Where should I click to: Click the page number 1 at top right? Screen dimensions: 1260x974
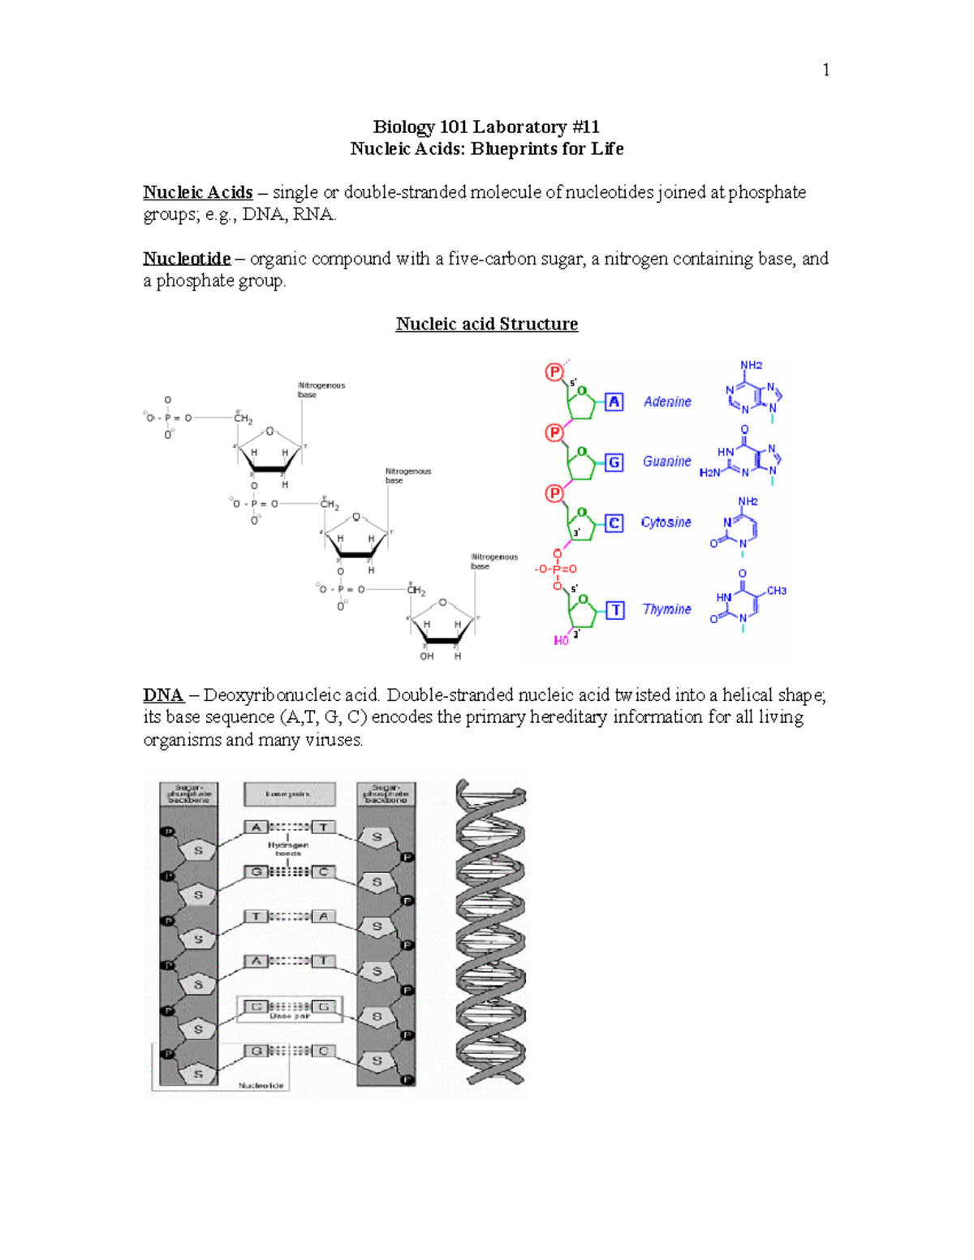tap(825, 71)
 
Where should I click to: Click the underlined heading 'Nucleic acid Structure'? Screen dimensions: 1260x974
tap(486, 324)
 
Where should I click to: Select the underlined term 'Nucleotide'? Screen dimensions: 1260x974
tap(187, 259)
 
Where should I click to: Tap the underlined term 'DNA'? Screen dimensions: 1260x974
tap(163, 695)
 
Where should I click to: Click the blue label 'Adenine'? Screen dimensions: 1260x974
tap(667, 402)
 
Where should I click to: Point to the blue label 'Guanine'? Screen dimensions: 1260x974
tap(666, 462)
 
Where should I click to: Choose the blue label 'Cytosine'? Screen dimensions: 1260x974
tap(666, 522)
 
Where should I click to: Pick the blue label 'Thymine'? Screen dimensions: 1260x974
tap(666, 609)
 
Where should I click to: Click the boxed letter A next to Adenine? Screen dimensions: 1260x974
tap(614, 402)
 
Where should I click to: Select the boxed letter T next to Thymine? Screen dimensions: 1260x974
tap(615, 610)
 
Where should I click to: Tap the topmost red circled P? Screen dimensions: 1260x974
tap(554, 372)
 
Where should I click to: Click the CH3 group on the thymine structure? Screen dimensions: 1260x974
tap(776, 591)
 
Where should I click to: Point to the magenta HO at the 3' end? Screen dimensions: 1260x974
tap(561, 641)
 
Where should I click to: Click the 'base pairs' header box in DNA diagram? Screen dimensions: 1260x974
tap(289, 793)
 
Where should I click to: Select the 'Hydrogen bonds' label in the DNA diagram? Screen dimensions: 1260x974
tap(288, 849)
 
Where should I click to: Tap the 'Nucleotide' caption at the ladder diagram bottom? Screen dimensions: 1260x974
tap(261, 1085)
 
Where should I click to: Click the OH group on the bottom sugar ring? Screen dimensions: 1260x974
tap(426, 656)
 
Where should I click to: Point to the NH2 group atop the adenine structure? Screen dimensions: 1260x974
tap(751, 365)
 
